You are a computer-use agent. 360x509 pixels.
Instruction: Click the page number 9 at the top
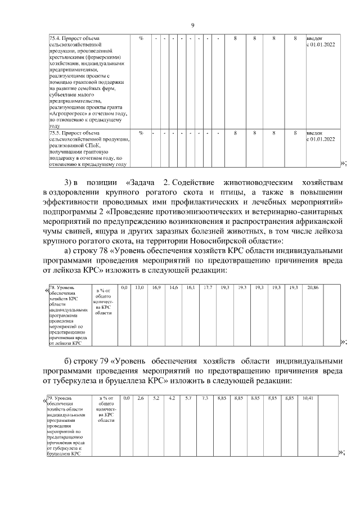click(x=192, y=25)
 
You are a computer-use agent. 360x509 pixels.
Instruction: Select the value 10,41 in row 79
click(x=308, y=398)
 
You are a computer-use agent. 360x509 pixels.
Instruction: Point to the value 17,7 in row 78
click(x=208, y=287)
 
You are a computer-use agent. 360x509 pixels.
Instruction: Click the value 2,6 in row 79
click(x=141, y=398)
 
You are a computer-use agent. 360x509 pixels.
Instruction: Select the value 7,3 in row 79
click(x=205, y=398)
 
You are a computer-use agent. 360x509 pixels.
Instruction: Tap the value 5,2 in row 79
click(x=157, y=398)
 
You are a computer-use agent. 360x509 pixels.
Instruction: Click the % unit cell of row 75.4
click(x=141, y=38)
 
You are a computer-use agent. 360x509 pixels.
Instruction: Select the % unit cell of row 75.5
click(x=141, y=133)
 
